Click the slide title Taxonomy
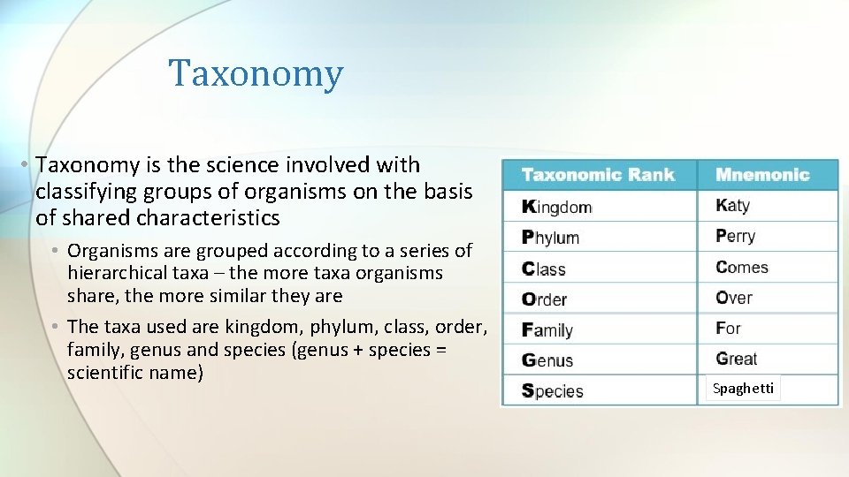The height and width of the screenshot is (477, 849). click(256, 73)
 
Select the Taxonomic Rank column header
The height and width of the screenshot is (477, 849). click(598, 175)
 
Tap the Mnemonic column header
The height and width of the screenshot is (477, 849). click(762, 175)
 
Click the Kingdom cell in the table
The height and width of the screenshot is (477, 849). click(557, 207)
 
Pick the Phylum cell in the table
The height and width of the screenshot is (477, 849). click(551, 238)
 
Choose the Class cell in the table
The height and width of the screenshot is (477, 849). click(544, 269)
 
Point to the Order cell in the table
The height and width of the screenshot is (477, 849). click(545, 299)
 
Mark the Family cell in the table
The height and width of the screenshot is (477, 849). click(548, 330)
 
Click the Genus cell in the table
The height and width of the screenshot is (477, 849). click(548, 360)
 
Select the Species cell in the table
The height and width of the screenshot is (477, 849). click(553, 390)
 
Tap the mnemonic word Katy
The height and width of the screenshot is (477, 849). click(733, 206)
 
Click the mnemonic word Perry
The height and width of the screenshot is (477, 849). click(736, 237)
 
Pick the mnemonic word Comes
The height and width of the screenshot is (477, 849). click(742, 267)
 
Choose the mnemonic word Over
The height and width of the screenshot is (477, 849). click(734, 298)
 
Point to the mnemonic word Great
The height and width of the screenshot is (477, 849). click(737, 359)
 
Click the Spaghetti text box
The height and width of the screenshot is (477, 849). click(743, 389)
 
